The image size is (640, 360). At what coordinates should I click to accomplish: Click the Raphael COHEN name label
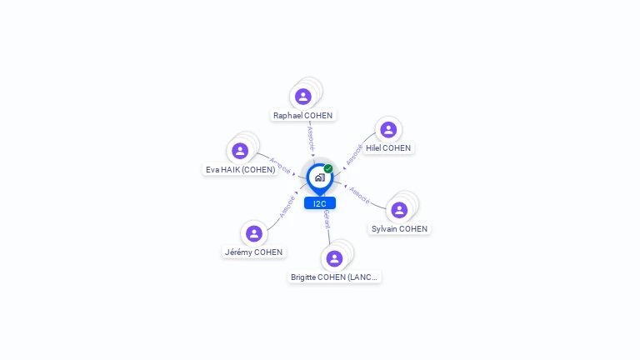click(x=302, y=116)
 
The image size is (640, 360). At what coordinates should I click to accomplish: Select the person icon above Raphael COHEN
click(x=303, y=97)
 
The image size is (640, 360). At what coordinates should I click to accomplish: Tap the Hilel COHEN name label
click(x=388, y=148)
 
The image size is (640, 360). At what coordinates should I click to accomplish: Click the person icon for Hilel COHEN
click(x=388, y=129)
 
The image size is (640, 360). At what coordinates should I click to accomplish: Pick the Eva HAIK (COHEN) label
click(x=240, y=170)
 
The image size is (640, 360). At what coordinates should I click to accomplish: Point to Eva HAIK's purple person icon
click(x=240, y=151)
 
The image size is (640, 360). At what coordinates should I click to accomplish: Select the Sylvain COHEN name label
click(x=399, y=229)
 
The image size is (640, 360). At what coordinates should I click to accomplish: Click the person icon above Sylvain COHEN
click(x=399, y=209)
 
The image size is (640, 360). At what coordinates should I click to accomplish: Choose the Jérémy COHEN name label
click(x=253, y=252)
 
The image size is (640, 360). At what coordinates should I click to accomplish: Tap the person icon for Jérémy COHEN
click(x=254, y=233)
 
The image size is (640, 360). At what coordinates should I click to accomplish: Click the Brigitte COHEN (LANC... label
click(x=334, y=277)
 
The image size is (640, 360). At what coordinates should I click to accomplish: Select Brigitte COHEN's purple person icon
click(x=334, y=258)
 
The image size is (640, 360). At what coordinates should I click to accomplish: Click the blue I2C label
click(x=320, y=203)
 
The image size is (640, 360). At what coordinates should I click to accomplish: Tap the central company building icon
click(x=320, y=177)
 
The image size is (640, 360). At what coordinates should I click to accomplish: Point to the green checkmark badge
click(x=328, y=169)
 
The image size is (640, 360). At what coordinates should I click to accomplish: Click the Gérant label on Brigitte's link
click(x=327, y=220)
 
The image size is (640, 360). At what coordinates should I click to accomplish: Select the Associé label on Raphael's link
click(x=310, y=137)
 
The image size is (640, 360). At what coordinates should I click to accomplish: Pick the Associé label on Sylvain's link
click(x=359, y=194)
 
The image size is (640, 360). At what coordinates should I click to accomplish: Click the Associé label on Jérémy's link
click(x=287, y=205)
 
